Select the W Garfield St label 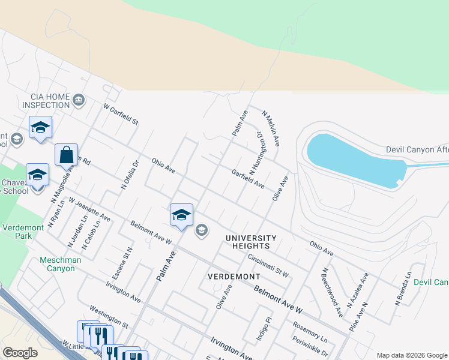121,114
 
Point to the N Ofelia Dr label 130,175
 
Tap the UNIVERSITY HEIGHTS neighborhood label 251,242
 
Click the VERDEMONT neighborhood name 234,277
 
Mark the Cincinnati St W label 268,265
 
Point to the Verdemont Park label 20,232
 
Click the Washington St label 109,316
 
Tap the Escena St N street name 122,263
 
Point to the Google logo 20,353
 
